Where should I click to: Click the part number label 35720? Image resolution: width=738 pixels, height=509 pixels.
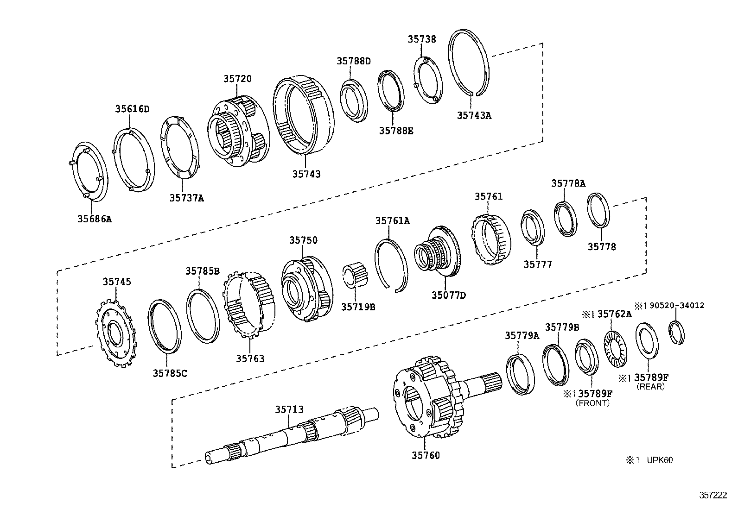[237, 79]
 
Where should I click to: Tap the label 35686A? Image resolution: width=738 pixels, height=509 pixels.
[95, 219]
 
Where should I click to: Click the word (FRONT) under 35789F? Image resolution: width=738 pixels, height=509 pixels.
[592, 403]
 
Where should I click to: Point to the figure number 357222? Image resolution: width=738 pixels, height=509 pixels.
[713, 495]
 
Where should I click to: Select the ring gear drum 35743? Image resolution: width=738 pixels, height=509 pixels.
[304, 116]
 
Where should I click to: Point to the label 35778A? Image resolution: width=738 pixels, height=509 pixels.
[568, 183]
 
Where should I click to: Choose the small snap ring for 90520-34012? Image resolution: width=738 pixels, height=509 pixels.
[678, 333]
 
